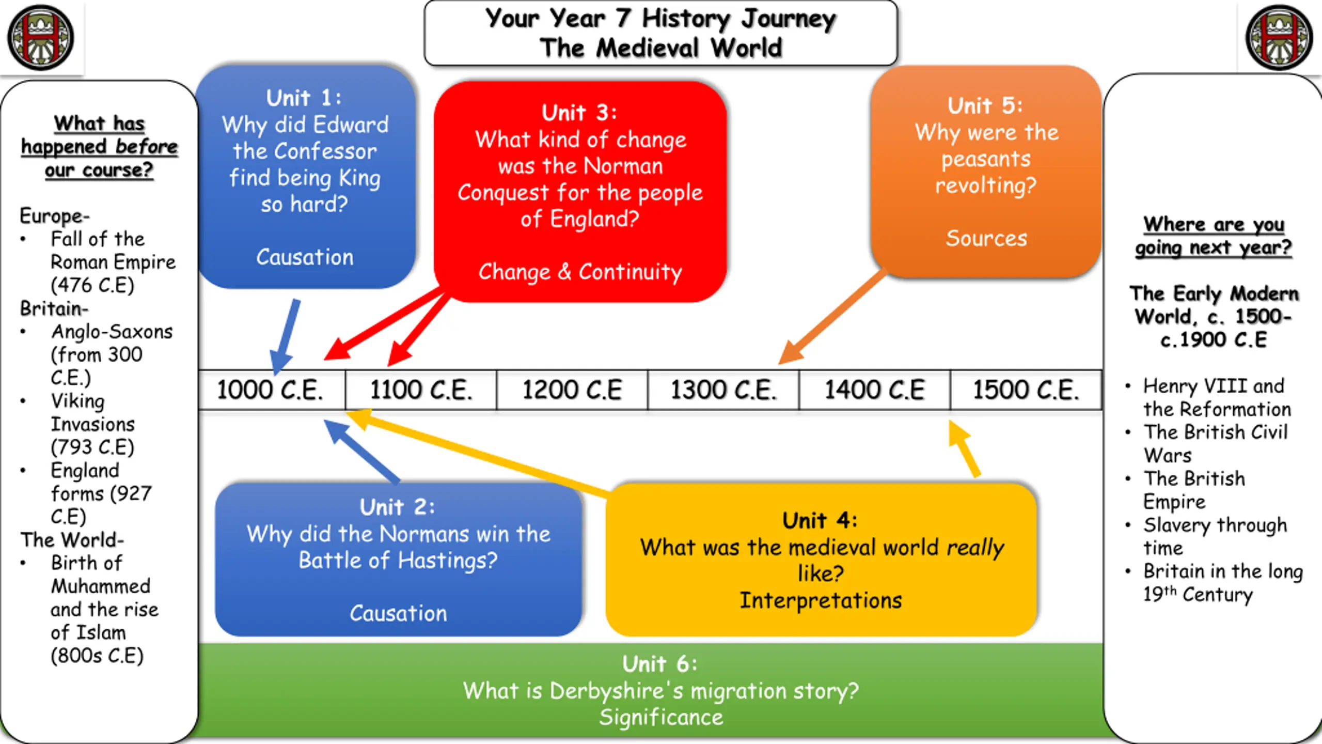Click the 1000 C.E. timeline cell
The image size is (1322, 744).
(271, 390)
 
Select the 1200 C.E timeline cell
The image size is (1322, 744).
(572, 390)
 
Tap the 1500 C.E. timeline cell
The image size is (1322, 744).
(1026, 390)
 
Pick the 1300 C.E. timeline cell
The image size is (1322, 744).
(723, 390)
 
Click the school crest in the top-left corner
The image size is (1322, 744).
(40, 37)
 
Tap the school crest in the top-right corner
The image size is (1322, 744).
(1279, 37)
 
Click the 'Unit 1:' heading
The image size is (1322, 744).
(304, 98)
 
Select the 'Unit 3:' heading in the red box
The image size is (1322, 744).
(579, 113)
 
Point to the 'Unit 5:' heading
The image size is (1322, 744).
(985, 106)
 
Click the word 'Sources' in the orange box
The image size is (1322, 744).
(986, 238)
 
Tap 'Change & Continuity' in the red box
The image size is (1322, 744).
(580, 272)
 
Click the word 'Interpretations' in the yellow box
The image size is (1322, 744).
(821, 600)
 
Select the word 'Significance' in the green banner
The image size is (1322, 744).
(661, 717)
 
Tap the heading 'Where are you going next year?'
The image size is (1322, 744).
(1214, 236)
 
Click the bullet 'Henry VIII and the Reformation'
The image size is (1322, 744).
(1216, 397)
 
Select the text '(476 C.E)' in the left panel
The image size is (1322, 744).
(92, 285)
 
